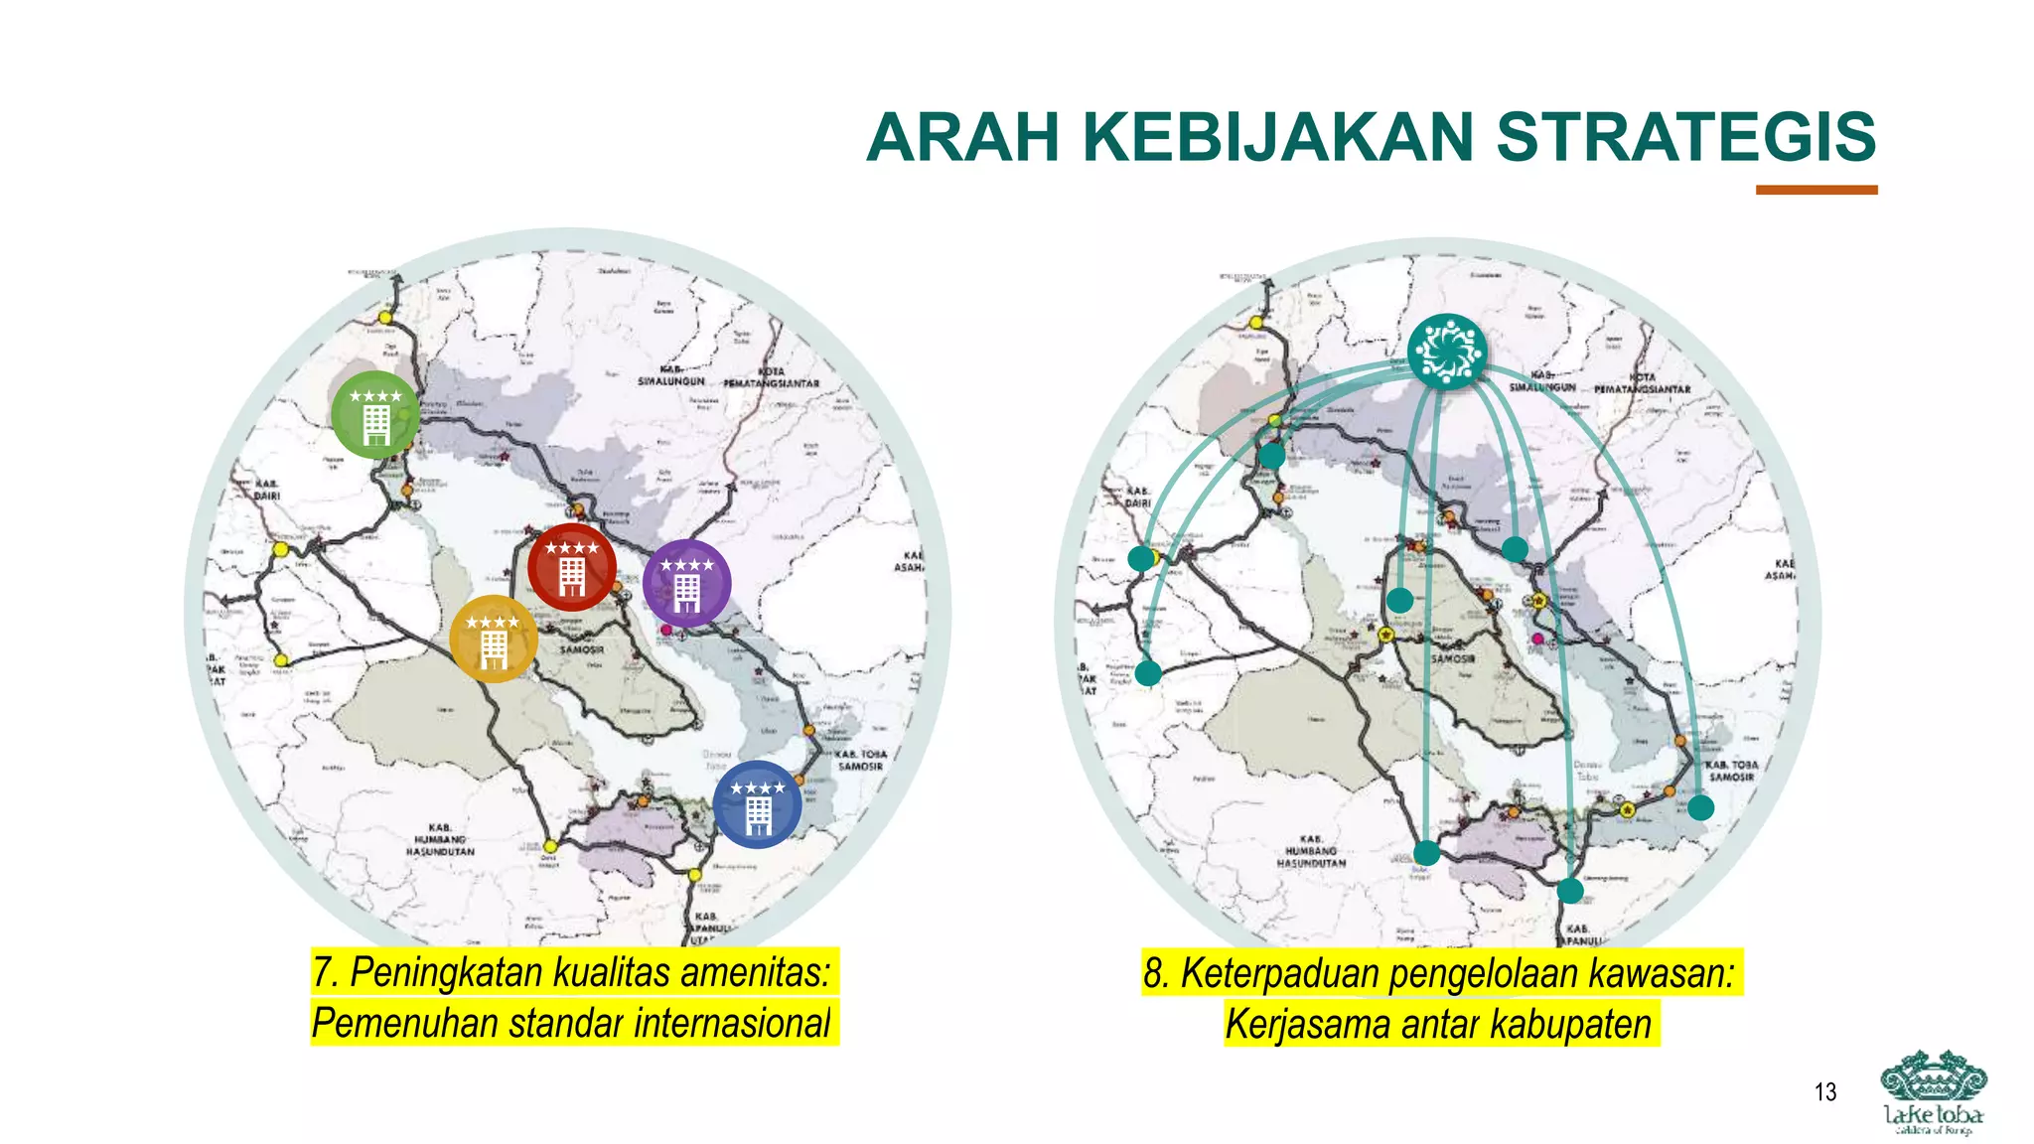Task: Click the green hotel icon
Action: pyautogui.click(x=375, y=415)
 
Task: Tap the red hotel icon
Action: pyautogui.click(x=572, y=567)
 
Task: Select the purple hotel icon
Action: pyautogui.click(x=687, y=584)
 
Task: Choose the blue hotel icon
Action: pyautogui.click(x=758, y=804)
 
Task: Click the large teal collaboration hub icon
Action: pyautogui.click(x=1447, y=352)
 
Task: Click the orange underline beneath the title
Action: pyautogui.click(x=1816, y=190)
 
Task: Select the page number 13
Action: pyautogui.click(x=1825, y=1092)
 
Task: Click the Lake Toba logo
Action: pyautogui.click(x=1933, y=1092)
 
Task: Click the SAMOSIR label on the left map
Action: pyautogui.click(x=581, y=649)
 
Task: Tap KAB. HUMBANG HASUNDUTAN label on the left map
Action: pyautogui.click(x=440, y=839)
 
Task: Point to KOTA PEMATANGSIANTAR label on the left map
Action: pyautogui.click(x=772, y=377)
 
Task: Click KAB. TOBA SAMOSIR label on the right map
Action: pyautogui.click(x=1731, y=771)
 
